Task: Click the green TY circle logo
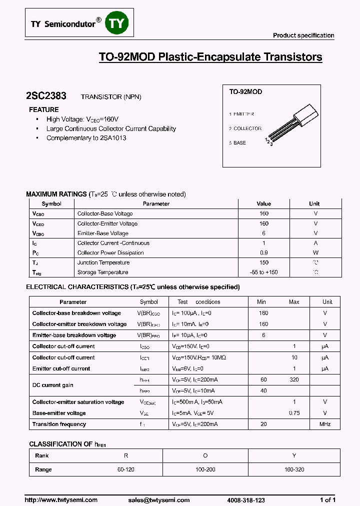point(117,23)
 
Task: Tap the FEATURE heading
point(44,109)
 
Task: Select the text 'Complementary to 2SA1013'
point(86,137)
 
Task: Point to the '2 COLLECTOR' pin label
point(245,128)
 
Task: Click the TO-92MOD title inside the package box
point(245,92)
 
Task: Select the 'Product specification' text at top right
point(303,35)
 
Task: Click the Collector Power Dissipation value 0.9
point(263,253)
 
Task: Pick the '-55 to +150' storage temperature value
point(263,272)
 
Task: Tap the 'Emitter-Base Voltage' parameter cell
point(102,233)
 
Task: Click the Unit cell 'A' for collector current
point(315,243)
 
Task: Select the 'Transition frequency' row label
point(59,424)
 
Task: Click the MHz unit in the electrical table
point(325,424)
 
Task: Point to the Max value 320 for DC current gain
point(294,380)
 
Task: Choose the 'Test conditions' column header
point(198,302)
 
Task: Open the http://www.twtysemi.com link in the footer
point(61,500)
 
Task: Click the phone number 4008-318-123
point(246,500)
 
